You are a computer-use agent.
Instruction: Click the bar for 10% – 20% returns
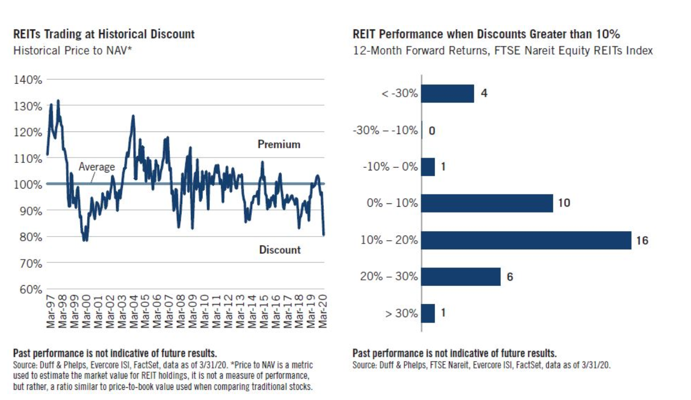click(x=526, y=240)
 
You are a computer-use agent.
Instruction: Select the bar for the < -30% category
click(x=447, y=93)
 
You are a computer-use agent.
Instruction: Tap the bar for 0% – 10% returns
click(x=487, y=203)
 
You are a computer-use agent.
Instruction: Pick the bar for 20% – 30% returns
click(x=461, y=277)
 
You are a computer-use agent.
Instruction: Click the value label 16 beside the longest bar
click(x=642, y=241)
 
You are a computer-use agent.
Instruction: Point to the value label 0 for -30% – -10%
click(x=432, y=130)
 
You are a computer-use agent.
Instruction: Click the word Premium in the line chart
click(x=279, y=145)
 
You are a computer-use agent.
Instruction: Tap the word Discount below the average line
click(x=280, y=250)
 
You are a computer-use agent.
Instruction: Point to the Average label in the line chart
click(x=97, y=167)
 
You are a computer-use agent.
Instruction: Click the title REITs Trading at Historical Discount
click(x=104, y=35)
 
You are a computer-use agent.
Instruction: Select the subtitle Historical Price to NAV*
click(x=73, y=51)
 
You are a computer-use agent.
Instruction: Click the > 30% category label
click(x=402, y=313)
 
